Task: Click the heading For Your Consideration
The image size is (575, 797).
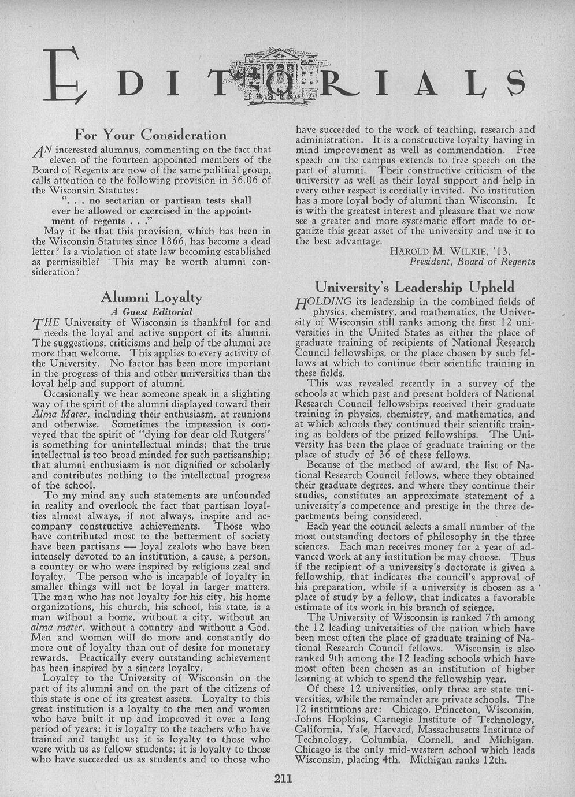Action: point(151,136)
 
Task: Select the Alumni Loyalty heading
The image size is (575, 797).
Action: point(151,298)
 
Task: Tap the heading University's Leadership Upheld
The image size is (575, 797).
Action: point(415,287)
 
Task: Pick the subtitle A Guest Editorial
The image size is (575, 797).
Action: point(151,312)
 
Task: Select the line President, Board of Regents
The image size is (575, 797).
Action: point(472,262)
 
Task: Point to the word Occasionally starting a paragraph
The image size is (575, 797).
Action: point(75,394)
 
